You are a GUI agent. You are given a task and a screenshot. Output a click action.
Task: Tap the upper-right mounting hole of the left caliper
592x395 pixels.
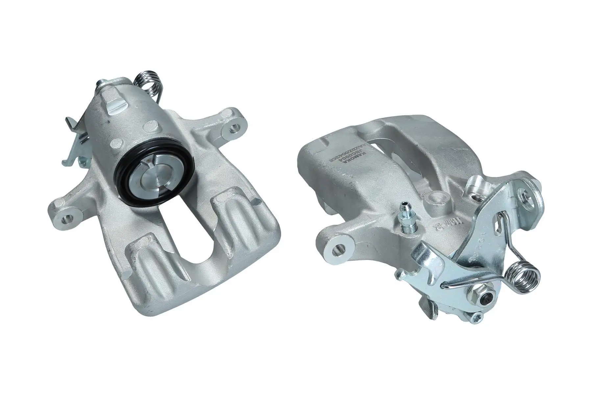[235, 126]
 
